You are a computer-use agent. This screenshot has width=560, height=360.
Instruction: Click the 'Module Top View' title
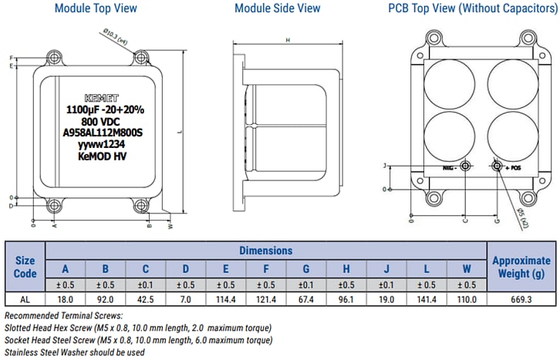pos(96,8)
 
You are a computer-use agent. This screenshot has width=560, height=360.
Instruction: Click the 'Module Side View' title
pos(277,8)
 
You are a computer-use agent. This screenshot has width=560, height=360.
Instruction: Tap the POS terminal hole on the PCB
pos(497,167)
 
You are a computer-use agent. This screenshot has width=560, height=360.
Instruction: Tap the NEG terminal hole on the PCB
pos(465,167)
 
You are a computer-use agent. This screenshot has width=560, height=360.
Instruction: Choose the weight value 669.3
pos(521,299)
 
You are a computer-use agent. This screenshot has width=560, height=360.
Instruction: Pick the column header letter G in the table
pos(307,269)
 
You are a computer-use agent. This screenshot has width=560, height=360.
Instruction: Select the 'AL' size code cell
pos(25,299)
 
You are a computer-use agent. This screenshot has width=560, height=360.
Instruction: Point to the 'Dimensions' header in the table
pos(265,251)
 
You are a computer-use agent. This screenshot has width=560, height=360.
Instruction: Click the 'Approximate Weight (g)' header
pos(521,267)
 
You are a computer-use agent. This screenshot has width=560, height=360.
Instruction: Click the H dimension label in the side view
pos(287,39)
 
